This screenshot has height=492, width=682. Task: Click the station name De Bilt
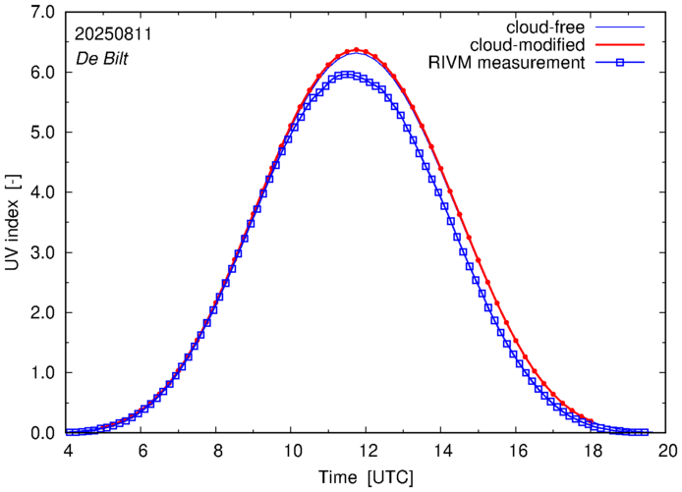(x=102, y=57)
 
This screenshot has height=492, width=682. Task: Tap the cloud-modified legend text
(x=527, y=44)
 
